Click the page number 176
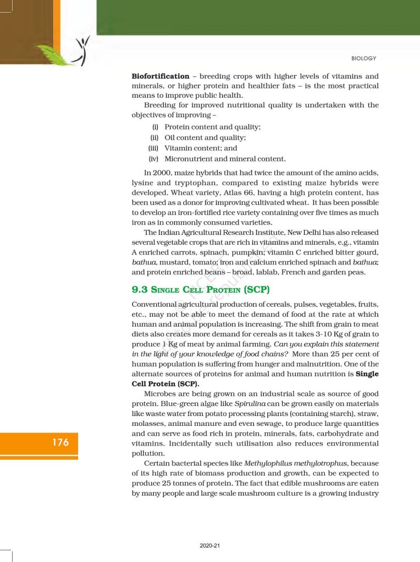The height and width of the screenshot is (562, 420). point(60,442)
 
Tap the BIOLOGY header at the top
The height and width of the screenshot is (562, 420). point(363,58)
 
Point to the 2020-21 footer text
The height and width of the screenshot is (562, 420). point(209,546)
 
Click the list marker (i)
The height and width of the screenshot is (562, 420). point(156,127)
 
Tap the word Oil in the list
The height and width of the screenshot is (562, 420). point(170,138)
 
